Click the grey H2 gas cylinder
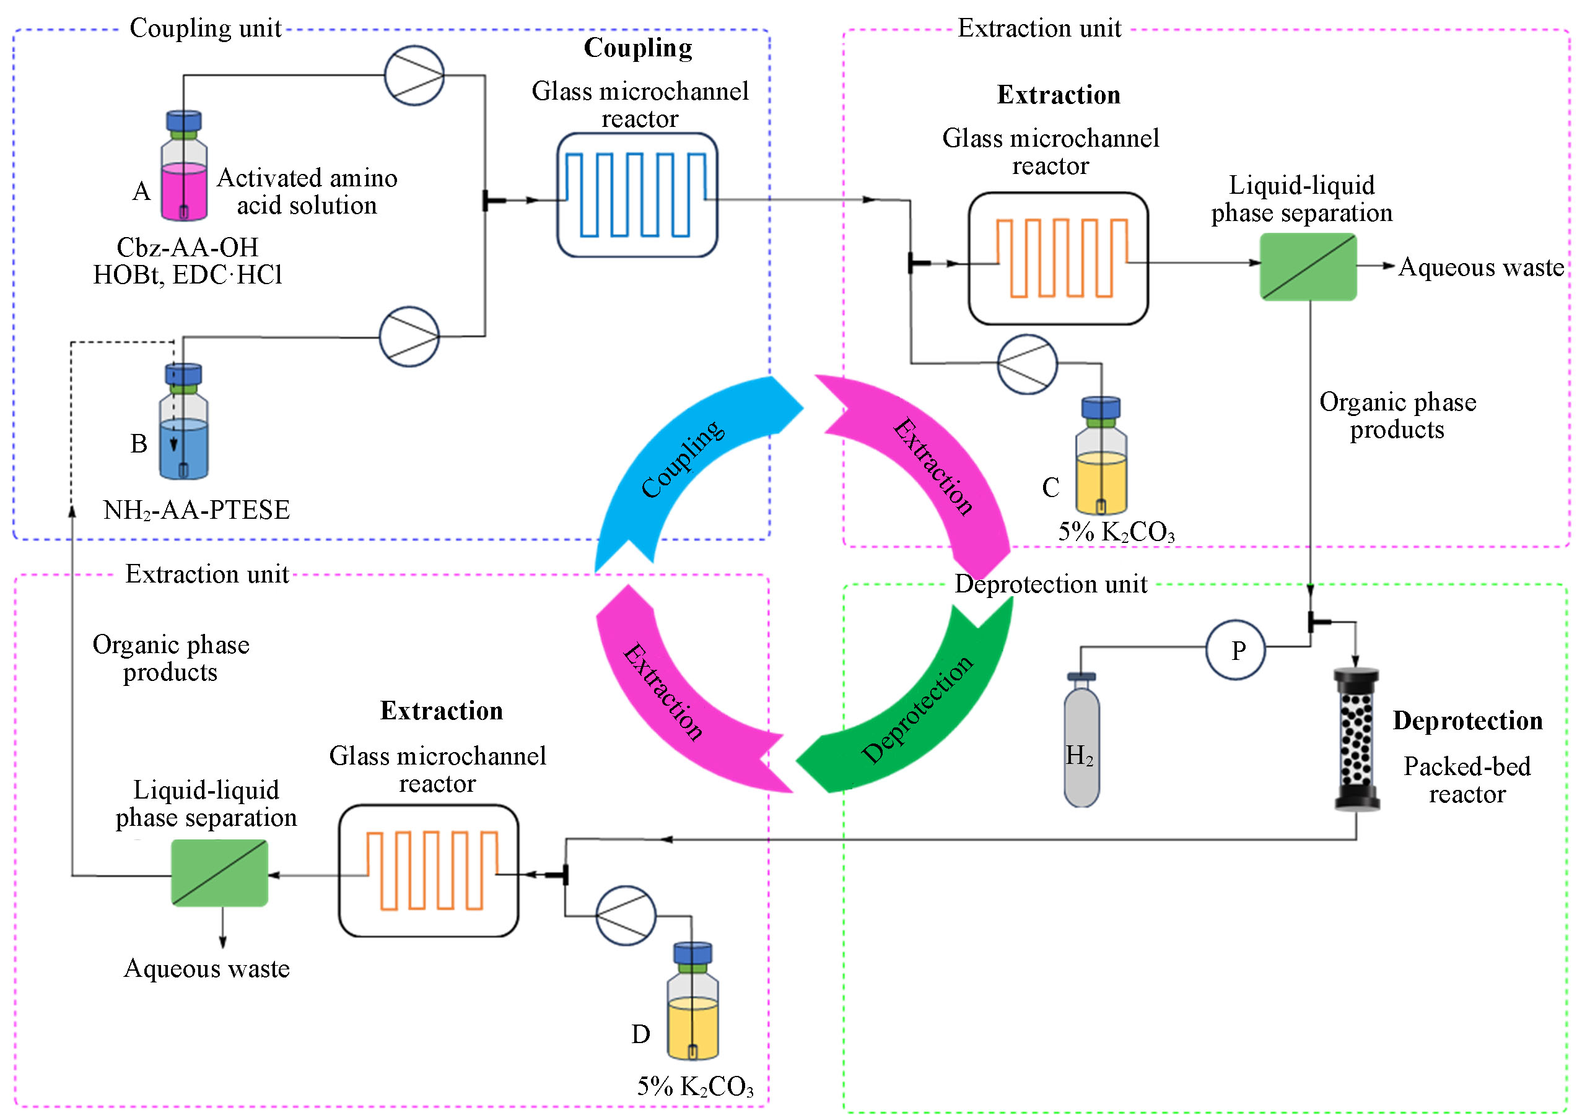(x=1081, y=744)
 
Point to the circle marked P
(x=1236, y=650)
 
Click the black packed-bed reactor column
(x=1356, y=739)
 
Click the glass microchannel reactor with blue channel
(x=637, y=195)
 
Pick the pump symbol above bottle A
(x=414, y=76)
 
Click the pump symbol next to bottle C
(x=1027, y=364)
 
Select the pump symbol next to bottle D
(x=626, y=915)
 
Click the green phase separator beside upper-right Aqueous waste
(x=1308, y=267)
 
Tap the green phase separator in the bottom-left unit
(x=219, y=873)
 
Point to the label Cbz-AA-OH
(x=187, y=247)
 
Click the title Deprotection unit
(x=1051, y=584)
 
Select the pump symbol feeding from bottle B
(x=409, y=336)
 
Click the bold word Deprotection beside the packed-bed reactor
(x=1467, y=721)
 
